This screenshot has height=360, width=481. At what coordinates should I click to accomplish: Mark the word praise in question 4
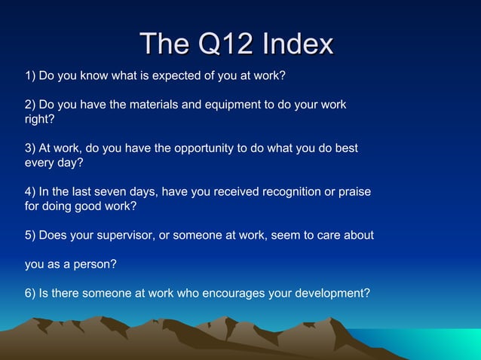(354, 192)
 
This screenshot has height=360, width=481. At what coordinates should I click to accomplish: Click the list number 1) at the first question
(30, 76)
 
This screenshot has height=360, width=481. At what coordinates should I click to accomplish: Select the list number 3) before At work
(30, 148)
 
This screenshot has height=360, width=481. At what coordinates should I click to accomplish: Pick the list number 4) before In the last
(30, 192)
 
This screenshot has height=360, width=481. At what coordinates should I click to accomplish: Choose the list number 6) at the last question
(30, 293)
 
